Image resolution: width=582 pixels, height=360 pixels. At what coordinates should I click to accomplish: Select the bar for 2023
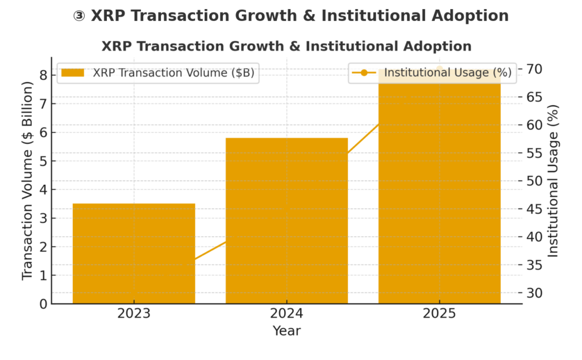point(134,253)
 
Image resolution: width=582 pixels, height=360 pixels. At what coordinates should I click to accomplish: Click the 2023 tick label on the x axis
point(134,314)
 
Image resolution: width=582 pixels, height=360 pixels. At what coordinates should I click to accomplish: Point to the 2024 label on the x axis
point(286,314)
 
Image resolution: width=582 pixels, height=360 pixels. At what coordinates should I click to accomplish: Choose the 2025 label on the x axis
point(439,314)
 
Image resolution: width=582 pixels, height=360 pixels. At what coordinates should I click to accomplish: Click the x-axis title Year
point(286,330)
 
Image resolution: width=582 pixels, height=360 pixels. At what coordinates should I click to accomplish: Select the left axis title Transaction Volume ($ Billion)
point(27,180)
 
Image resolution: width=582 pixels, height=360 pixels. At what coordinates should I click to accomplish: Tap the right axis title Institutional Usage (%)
point(553,180)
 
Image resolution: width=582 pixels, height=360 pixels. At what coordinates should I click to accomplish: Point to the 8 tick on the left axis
point(43,75)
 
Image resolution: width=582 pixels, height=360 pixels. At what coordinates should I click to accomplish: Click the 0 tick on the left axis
point(43,304)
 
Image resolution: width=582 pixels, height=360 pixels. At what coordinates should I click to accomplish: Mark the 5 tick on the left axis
point(43,161)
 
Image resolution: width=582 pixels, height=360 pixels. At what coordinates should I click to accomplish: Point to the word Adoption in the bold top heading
point(466,16)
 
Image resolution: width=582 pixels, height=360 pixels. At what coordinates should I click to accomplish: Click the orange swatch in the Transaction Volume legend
point(73,73)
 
